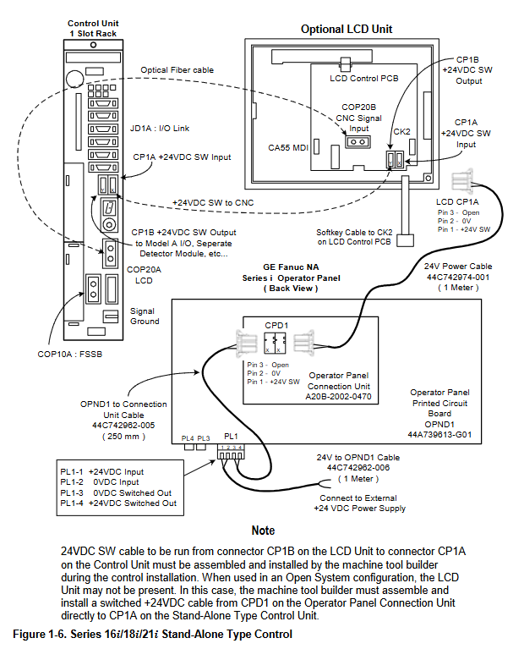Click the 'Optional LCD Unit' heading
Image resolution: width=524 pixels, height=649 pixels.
coord(347,30)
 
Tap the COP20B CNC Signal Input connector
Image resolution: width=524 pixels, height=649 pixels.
coord(358,142)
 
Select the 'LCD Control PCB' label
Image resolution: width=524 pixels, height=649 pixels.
coord(364,78)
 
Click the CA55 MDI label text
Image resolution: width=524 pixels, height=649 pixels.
coord(288,148)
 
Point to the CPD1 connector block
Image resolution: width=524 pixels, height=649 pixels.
coord(275,343)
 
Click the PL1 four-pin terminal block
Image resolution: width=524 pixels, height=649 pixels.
coord(231,452)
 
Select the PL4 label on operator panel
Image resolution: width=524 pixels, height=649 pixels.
coord(188,438)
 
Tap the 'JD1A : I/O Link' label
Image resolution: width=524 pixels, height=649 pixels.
coord(160,129)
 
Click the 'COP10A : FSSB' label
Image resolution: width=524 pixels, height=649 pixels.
coord(70,355)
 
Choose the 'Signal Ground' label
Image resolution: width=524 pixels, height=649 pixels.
coord(145,316)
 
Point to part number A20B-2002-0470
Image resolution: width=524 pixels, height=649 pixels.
coord(338,397)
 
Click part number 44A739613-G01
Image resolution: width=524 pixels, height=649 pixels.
coord(439,435)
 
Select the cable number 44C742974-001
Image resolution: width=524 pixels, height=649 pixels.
coord(458,278)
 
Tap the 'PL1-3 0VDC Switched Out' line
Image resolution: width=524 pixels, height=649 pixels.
coord(116,493)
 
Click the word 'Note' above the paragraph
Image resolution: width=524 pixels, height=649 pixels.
coord(263,531)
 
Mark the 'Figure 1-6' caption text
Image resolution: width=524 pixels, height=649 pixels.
coord(153,635)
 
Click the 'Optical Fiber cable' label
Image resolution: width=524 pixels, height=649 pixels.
coord(177,70)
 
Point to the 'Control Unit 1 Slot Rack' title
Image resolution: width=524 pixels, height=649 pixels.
coord(93,29)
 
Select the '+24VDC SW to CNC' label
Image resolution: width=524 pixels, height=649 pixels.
coord(213,203)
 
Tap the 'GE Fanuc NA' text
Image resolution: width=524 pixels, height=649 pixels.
coord(291,267)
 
